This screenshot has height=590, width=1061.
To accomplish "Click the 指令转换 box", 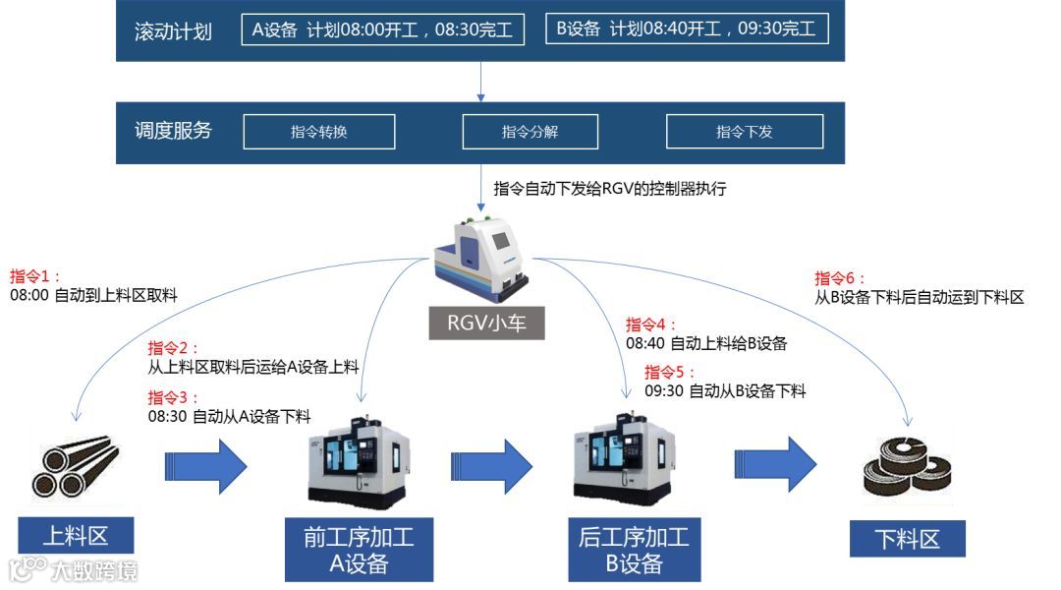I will pyautogui.click(x=318, y=132).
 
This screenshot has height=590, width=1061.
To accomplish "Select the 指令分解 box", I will pyautogui.click(x=530, y=132).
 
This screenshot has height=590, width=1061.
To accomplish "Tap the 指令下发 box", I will pyautogui.click(x=744, y=132).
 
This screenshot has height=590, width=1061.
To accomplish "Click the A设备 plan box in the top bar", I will pyautogui.click(x=382, y=29).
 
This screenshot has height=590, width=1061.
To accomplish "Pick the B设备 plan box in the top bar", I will pyautogui.click(x=687, y=29).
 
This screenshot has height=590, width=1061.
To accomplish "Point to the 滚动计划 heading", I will pyautogui.click(x=173, y=31).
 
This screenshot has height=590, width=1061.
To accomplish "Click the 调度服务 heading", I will pyautogui.click(x=173, y=131).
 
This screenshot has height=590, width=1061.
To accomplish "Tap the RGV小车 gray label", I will pyautogui.click(x=485, y=323).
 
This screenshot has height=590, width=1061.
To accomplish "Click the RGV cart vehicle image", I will pyautogui.click(x=483, y=256).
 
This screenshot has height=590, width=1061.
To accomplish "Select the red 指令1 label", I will pyautogui.click(x=35, y=276).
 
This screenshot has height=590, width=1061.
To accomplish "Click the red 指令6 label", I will pyautogui.click(x=840, y=278).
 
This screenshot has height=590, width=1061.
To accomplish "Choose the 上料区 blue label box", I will pyautogui.click(x=75, y=536).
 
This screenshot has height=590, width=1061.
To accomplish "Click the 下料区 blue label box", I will pyautogui.click(x=907, y=539).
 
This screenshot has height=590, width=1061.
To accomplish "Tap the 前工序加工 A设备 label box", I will pyautogui.click(x=359, y=550).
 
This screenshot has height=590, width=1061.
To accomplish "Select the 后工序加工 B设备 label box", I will pyautogui.click(x=634, y=550).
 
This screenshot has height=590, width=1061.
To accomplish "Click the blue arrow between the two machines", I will pyautogui.click(x=491, y=460).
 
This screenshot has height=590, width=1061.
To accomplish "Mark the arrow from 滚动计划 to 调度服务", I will pyautogui.click(x=481, y=82).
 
